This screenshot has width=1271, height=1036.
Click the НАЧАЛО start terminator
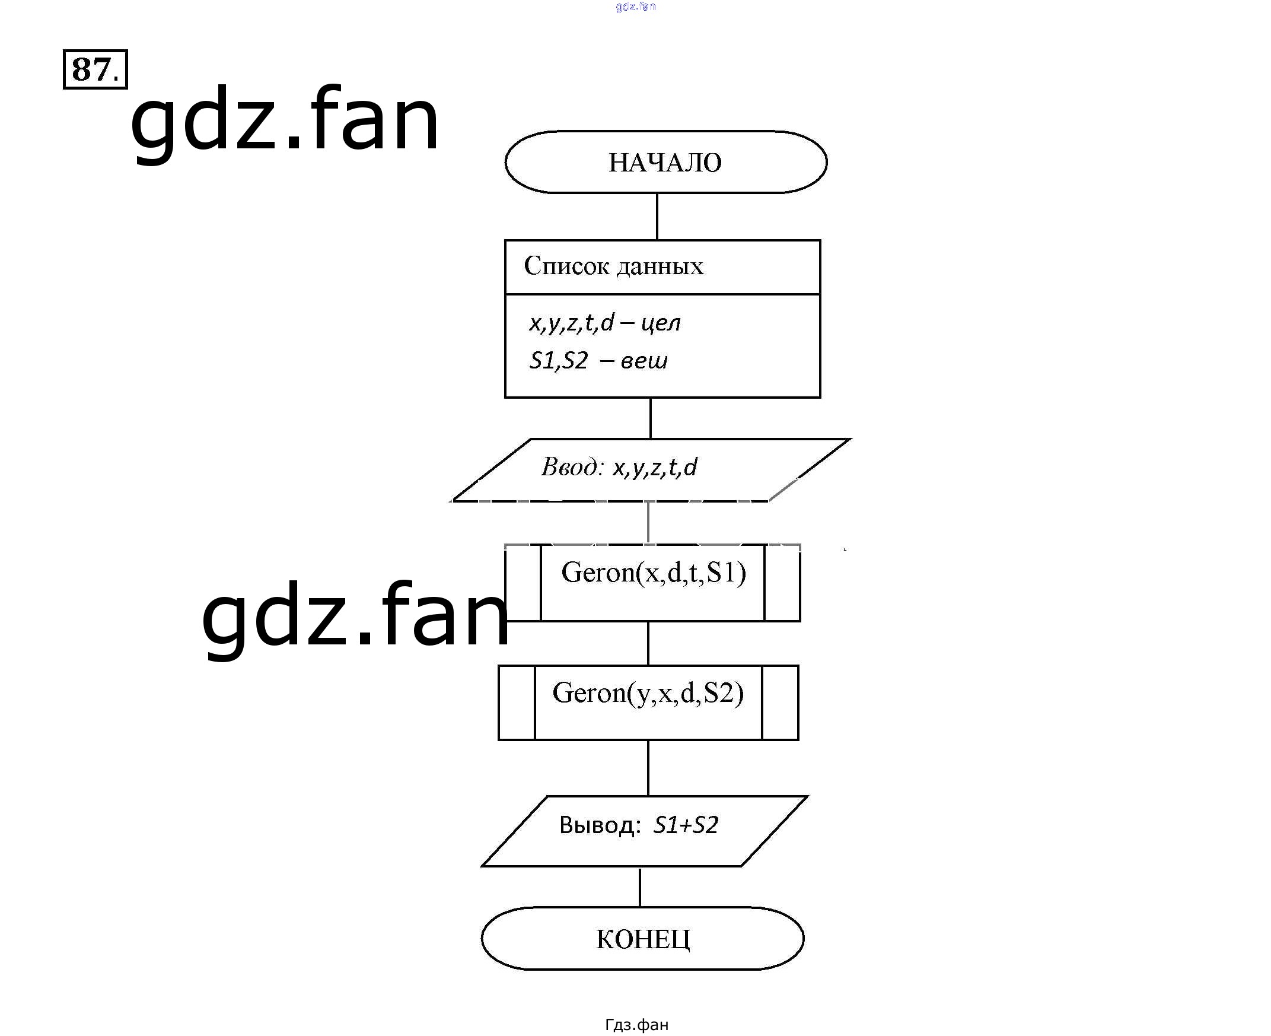click(x=665, y=163)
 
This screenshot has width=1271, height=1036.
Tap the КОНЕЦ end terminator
click(x=642, y=939)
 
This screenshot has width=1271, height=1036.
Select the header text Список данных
click(x=613, y=266)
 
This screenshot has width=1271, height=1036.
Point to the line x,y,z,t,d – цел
click(x=604, y=323)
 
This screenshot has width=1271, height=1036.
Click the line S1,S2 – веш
click(x=598, y=360)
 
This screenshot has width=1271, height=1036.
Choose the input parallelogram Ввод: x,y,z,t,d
click(x=649, y=469)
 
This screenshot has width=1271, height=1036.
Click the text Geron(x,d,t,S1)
click(x=653, y=573)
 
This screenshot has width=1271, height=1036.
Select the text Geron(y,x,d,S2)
click(x=648, y=693)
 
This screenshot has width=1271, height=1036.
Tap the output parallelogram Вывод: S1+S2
click(x=644, y=830)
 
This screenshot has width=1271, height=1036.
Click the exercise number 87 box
click(x=95, y=69)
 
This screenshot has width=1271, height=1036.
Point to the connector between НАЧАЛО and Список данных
click(x=657, y=216)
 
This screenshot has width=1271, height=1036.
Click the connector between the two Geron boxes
click(x=648, y=643)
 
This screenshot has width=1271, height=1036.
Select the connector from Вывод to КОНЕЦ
click(x=639, y=887)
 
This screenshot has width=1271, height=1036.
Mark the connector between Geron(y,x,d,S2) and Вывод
click(x=648, y=767)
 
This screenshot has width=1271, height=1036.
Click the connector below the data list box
click(x=650, y=418)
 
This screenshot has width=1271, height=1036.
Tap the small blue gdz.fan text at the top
click(x=635, y=7)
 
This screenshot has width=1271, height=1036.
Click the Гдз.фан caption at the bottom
click(x=636, y=1025)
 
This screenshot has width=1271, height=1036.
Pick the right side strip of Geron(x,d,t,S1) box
click(x=782, y=583)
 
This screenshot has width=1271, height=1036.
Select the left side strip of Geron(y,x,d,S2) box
click(x=517, y=703)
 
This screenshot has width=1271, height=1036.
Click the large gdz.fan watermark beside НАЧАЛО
click(x=285, y=119)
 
